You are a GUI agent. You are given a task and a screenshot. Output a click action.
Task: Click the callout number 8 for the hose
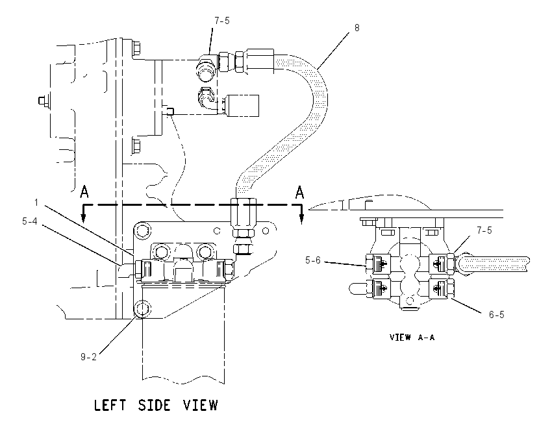pyautogui.click(x=357, y=28)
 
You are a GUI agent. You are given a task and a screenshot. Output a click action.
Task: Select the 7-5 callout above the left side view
pyautogui.click(x=222, y=21)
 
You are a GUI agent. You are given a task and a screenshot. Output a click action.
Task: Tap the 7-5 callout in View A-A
pyautogui.click(x=484, y=230)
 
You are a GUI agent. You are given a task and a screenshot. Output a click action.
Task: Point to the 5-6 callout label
pyautogui.click(x=313, y=260)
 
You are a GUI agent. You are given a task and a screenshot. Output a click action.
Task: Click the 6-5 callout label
pyautogui.click(x=496, y=315)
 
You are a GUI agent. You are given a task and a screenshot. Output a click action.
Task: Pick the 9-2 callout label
pyautogui.click(x=88, y=357)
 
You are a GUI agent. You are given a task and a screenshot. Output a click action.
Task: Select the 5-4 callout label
pyautogui.click(x=30, y=221)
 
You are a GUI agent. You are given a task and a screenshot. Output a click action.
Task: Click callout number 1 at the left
pyautogui.click(x=36, y=203)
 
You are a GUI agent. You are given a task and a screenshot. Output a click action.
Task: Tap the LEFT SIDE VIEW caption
pyautogui.click(x=156, y=405)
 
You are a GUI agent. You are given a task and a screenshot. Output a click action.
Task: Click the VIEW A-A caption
pyautogui.click(x=412, y=337)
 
